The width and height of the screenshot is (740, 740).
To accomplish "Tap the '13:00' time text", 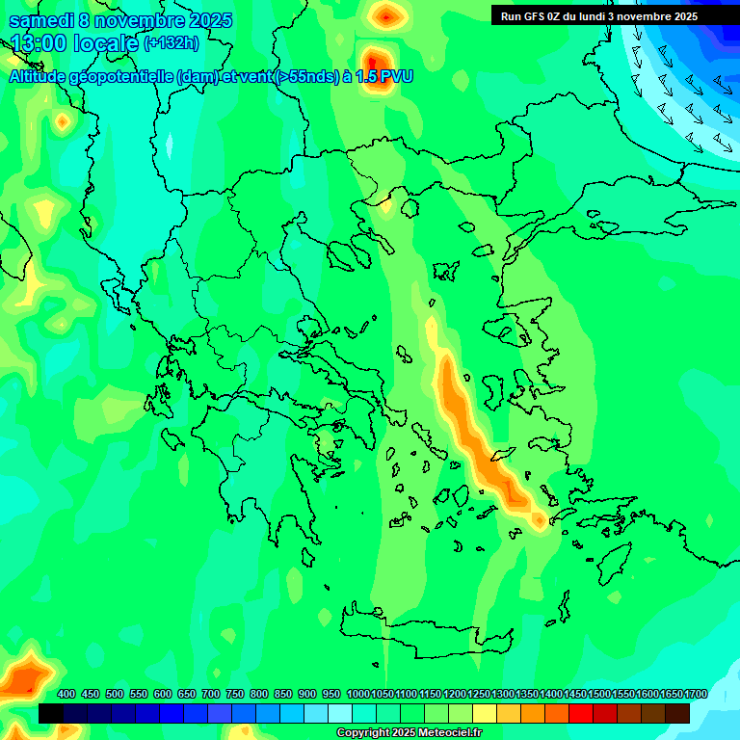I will click(38, 44).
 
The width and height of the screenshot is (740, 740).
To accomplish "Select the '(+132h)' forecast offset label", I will click(172, 43).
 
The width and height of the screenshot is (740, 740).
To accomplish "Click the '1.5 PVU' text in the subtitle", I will click(384, 76).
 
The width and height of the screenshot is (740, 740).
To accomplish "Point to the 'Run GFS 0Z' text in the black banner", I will click(532, 16).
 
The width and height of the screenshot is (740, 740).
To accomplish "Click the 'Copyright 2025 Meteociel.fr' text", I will click(409, 733).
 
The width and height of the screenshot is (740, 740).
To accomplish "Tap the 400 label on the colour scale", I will click(66, 695).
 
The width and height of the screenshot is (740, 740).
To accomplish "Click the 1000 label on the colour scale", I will click(357, 695).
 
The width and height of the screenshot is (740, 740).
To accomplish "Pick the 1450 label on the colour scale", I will click(575, 695).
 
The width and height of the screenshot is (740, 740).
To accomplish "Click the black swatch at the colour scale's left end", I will click(51, 713).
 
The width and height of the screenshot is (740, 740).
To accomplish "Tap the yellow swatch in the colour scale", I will click(485, 713).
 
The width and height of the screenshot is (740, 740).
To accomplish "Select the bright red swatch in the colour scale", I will click(581, 713).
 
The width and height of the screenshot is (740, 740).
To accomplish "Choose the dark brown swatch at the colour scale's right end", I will click(677, 713).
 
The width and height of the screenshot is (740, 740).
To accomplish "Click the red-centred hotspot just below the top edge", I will click(386, 15).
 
